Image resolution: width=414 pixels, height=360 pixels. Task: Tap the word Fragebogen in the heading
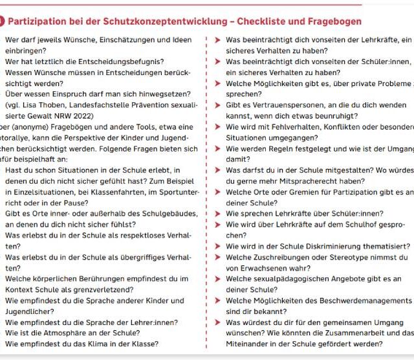(332, 21)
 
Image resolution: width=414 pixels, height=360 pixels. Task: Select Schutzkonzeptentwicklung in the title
(147, 21)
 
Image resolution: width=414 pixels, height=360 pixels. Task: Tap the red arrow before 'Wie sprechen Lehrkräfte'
(217, 214)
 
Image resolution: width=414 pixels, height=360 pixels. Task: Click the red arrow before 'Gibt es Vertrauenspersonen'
(217, 105)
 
